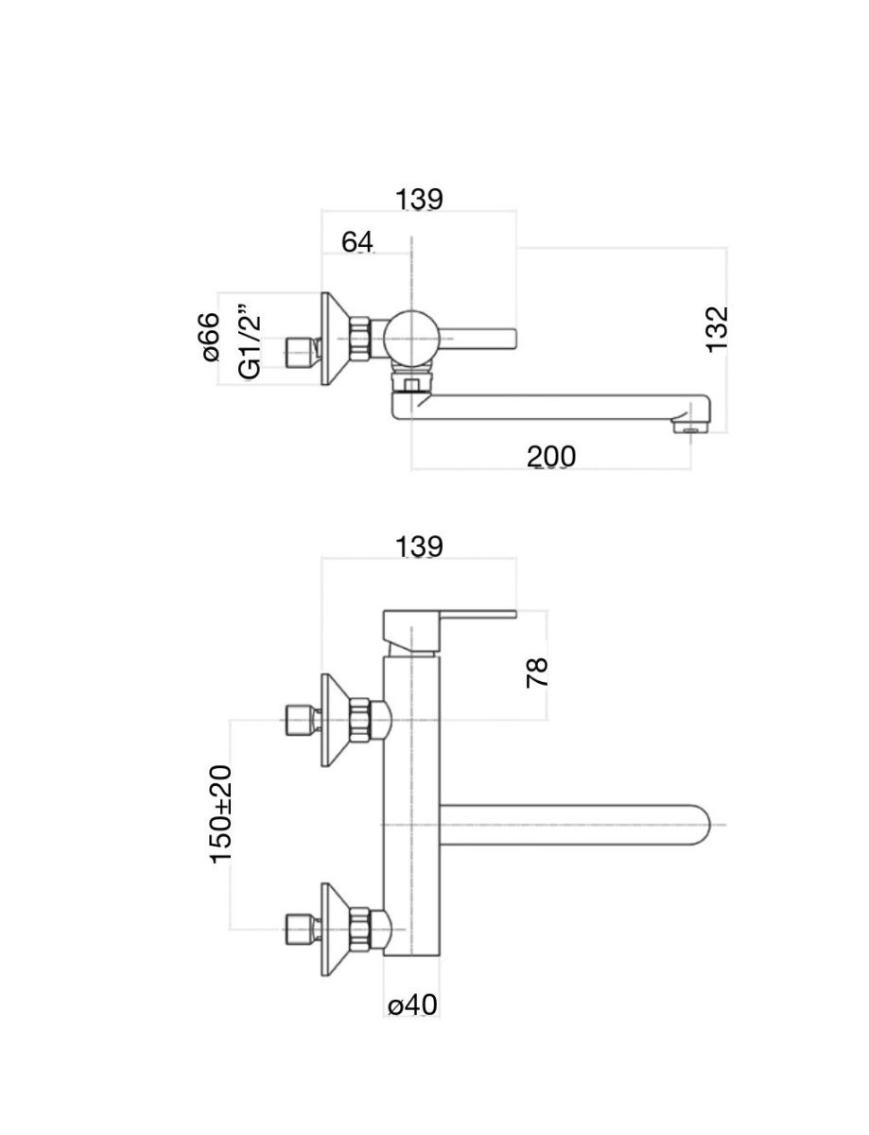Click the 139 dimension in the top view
coord(419,200)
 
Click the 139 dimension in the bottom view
coord(419,547)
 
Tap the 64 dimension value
coord(357,242)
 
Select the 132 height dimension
coord(719,328)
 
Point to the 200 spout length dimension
coord(550,457)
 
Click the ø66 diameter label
coord(210,338)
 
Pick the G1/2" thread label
coord(249,341)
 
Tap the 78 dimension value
coord(537,672)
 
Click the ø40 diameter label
coord(412,1004)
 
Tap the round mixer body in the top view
coord(411,338)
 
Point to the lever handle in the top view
coord(478,338)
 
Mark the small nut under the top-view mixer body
coord(412,384)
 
